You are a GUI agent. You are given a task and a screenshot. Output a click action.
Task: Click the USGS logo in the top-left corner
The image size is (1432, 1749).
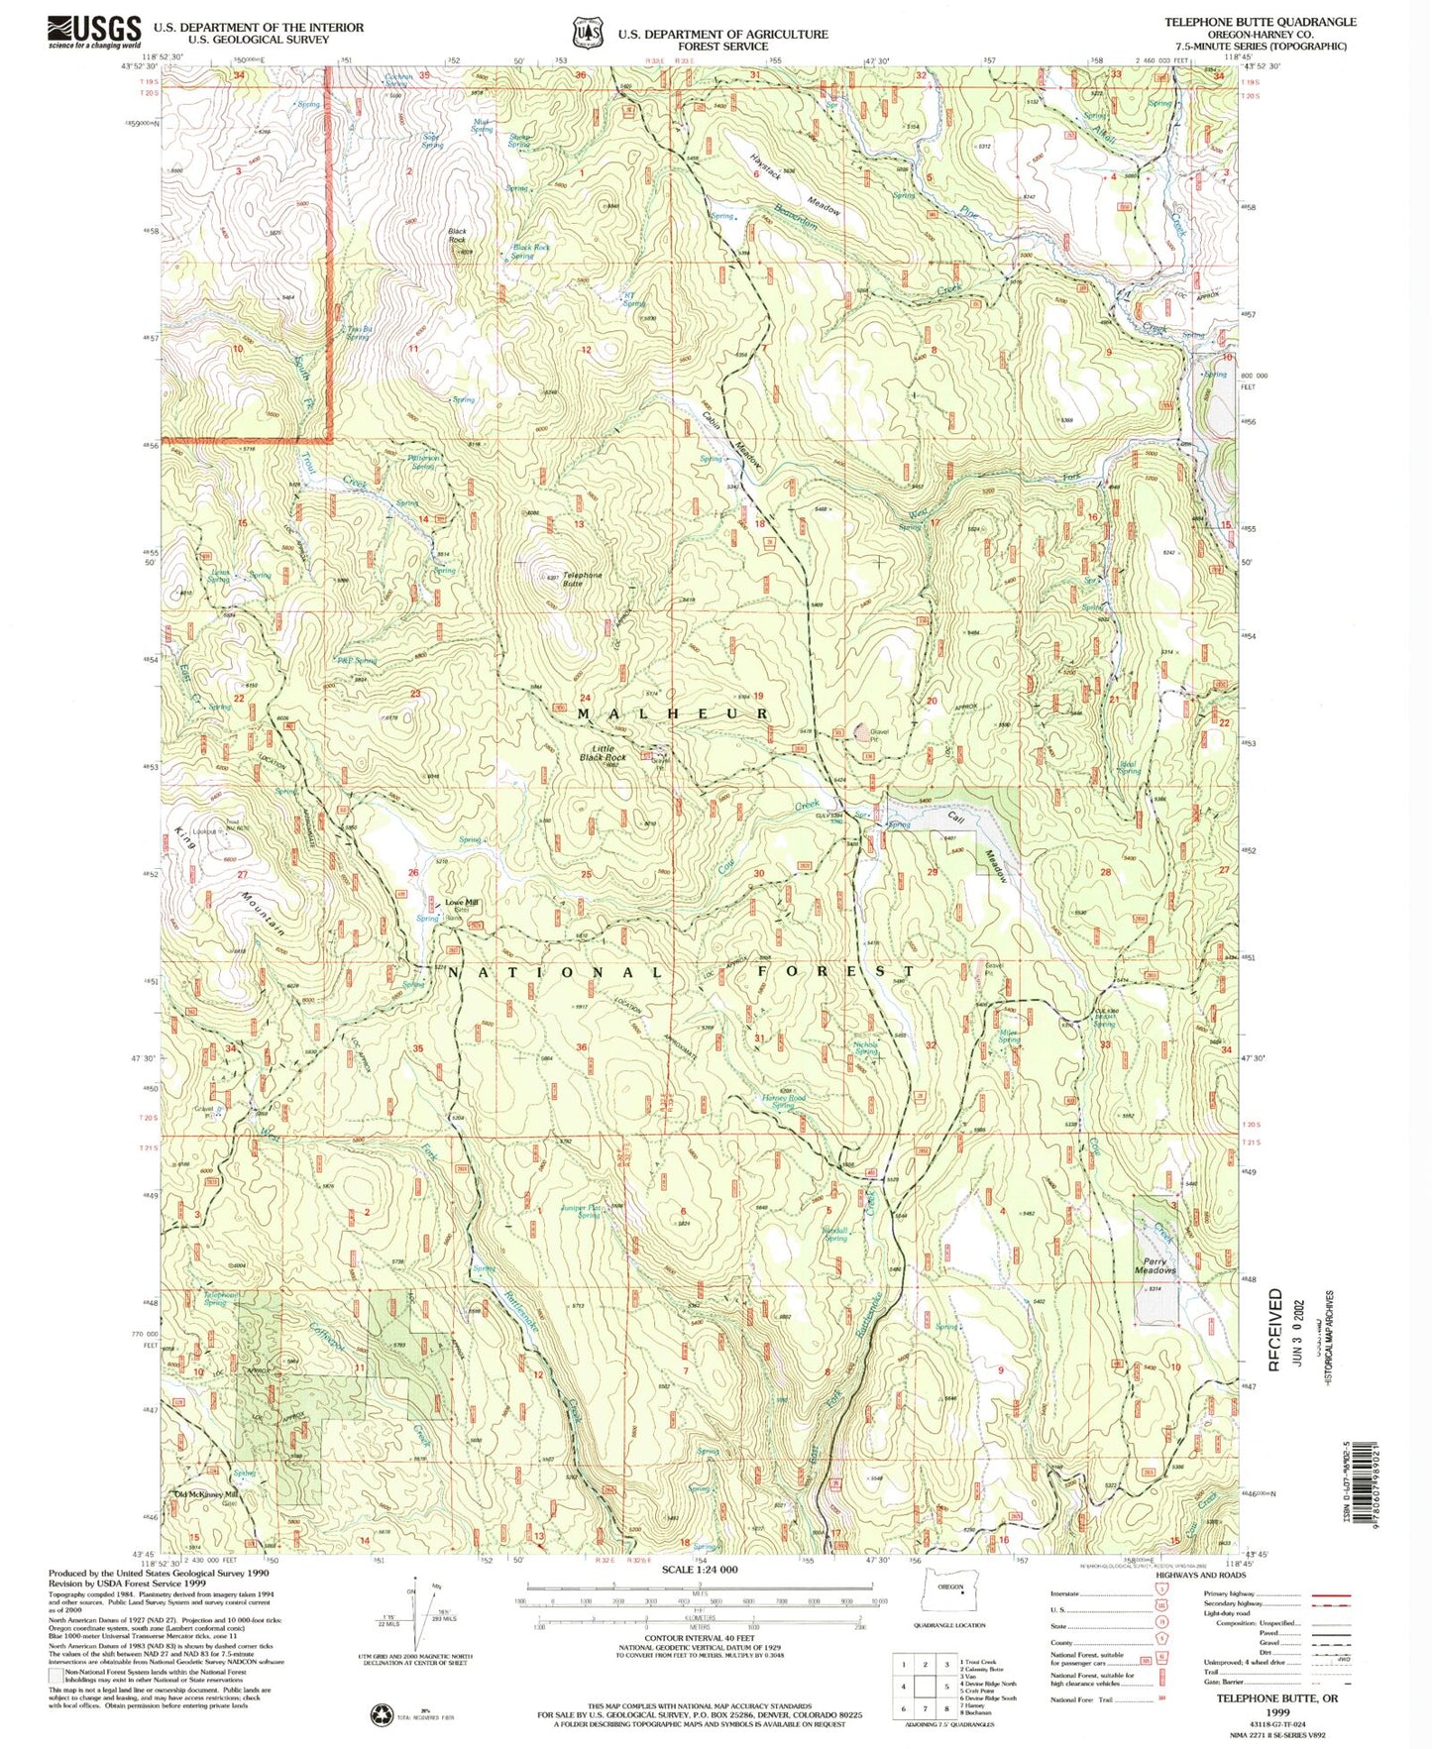pos(93,32)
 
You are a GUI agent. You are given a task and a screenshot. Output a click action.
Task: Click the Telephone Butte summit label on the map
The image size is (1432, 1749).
pos(582,579)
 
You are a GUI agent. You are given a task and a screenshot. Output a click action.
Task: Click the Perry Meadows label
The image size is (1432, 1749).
pos(1155,1265)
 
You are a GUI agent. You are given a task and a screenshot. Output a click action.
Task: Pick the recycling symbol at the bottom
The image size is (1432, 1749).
pos(382,1713)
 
